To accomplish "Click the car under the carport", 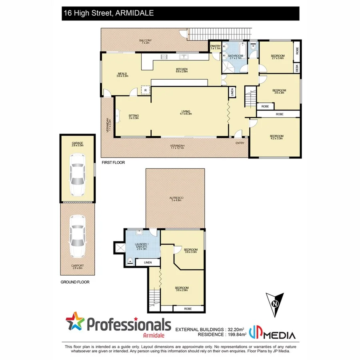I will pyautogui.click(x=78, y=236).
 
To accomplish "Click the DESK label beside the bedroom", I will pyautogui.click(x=297, y=68).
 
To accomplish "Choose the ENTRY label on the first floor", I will pyautogui.click(x=240, y=143).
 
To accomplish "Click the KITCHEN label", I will pyautogui.click(x=182, y=70).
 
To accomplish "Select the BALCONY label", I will pyautogui.click(x=145, y=41).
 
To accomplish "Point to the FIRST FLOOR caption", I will pyautogui.click(x=113, y=163).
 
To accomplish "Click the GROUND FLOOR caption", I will pyautogui.click(x=76, y=282).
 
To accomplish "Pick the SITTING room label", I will pyautogui.click(x=133, y=116).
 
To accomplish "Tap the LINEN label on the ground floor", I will pyautogui.click(x=143, y=263).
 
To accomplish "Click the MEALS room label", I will pyautogui.click(x=122, y=74).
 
